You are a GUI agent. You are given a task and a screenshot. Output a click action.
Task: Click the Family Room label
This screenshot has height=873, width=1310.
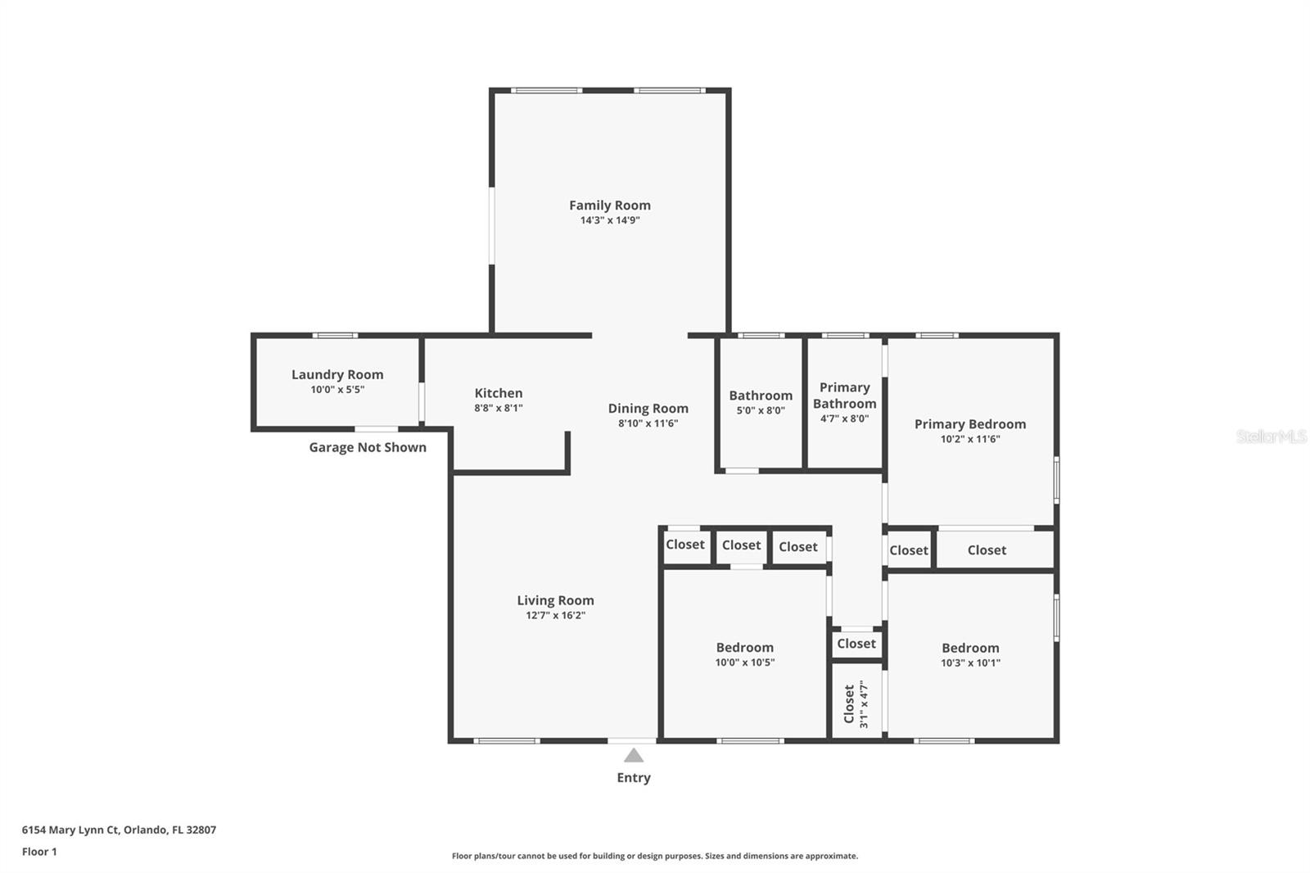[610, 206]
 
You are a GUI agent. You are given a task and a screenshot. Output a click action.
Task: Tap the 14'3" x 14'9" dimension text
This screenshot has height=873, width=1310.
[610, 220]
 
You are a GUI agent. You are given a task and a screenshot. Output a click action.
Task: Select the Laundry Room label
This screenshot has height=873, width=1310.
[337, 374]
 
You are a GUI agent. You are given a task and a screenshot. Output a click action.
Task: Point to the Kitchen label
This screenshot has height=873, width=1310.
[499, 393]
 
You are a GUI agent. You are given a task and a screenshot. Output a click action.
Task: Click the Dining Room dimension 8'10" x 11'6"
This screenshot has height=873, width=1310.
[648, 423]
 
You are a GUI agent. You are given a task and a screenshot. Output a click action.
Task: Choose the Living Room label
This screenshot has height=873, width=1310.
[555, 600]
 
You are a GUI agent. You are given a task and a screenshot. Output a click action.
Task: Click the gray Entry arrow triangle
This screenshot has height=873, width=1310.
[634, 755]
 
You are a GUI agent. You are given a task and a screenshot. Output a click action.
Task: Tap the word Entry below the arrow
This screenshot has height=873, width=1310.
[634, 778]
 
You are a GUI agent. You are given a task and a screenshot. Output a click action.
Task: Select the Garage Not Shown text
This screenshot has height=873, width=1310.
[368, 448]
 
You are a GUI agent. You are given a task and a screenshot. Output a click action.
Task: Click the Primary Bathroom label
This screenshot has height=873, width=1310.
[844, 396]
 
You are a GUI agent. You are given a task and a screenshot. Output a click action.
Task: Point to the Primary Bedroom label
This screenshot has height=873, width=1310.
[970, 424]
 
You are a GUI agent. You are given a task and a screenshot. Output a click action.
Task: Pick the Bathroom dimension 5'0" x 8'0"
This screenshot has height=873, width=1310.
[761, 411]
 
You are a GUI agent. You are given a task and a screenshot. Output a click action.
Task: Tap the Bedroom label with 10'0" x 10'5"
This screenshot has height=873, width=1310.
[744, 648]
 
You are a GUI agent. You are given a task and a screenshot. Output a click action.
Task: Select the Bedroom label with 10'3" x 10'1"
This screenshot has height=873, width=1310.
[970, 649]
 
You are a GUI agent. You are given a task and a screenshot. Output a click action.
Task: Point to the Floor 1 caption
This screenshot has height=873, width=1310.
[39, 852]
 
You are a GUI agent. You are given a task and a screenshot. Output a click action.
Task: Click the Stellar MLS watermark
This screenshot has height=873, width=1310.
[1271, 436]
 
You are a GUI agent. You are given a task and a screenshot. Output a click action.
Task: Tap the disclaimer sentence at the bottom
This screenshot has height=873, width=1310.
[654, 856]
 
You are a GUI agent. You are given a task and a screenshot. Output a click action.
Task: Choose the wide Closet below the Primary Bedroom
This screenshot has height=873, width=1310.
[987, 550]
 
